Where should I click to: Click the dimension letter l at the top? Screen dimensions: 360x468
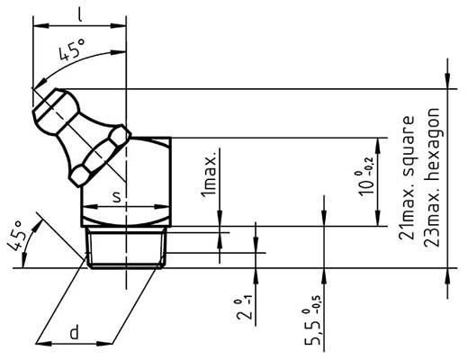[x=80, y=13]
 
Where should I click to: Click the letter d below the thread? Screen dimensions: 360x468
[x=76, y=333]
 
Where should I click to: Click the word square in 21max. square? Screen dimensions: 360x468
[x=409, y=143]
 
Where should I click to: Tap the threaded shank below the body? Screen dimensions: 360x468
[x=127, y=247]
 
